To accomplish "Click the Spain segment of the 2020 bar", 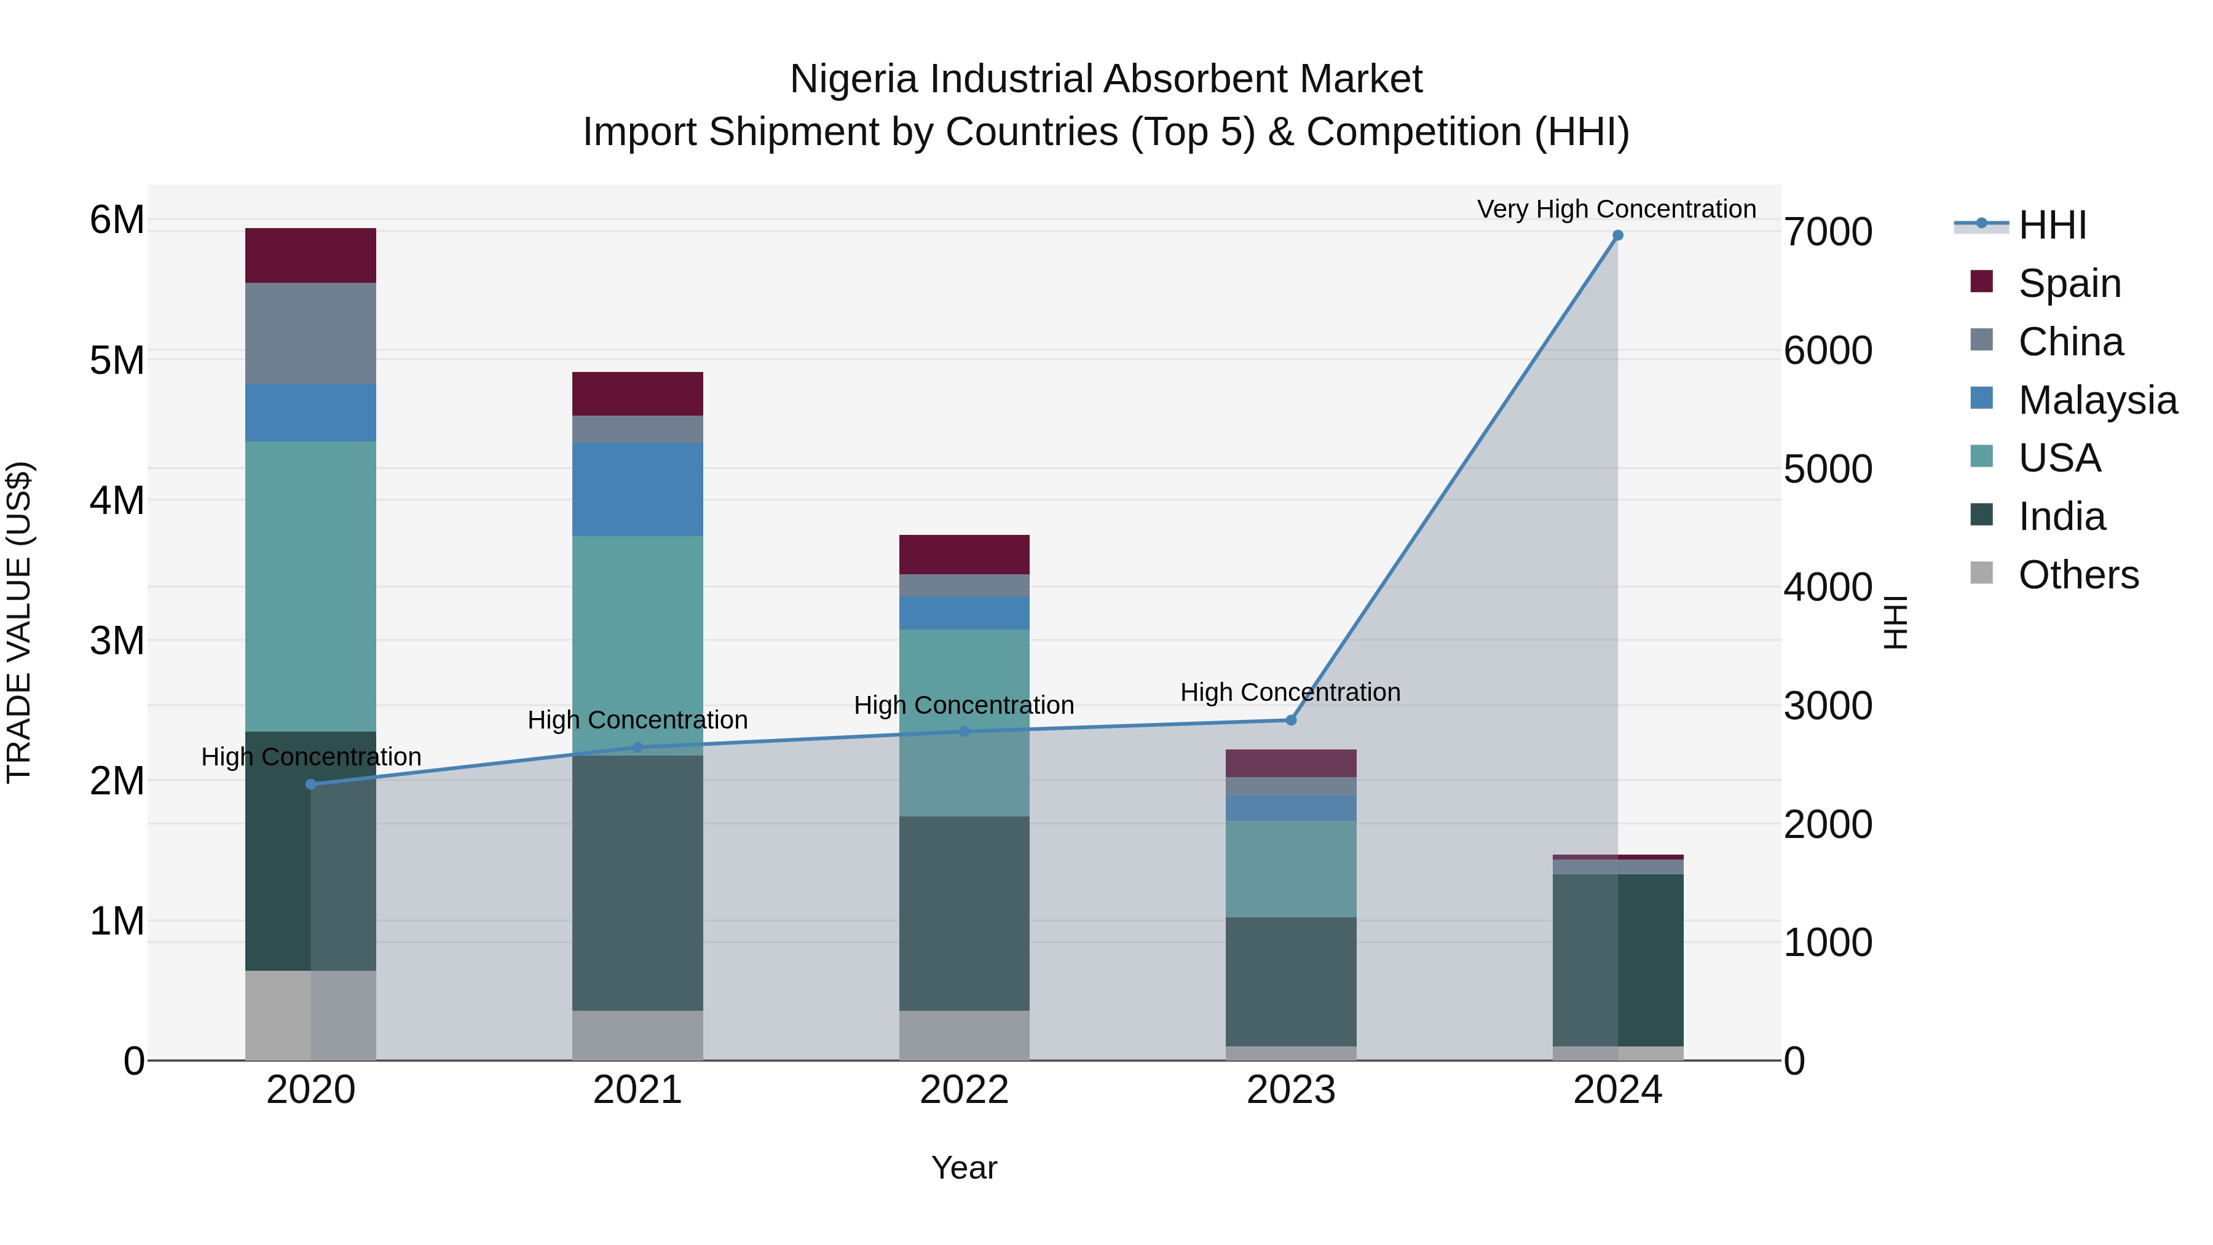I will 310,255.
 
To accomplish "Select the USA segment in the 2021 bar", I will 637,644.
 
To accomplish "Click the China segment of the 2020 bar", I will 310,333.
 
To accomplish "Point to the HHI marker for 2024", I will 1618,235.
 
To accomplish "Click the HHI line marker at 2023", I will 1290,720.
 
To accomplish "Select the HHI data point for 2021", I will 637,748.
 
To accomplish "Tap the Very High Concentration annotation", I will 1616,209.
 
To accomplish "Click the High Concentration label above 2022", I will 964,705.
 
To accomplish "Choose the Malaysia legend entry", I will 2097,400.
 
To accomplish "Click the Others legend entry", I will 2078,575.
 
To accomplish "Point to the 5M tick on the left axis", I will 117,360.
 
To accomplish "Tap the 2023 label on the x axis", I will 1290,1090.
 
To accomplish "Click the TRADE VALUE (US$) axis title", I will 19,622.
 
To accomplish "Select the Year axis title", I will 964,1168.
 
